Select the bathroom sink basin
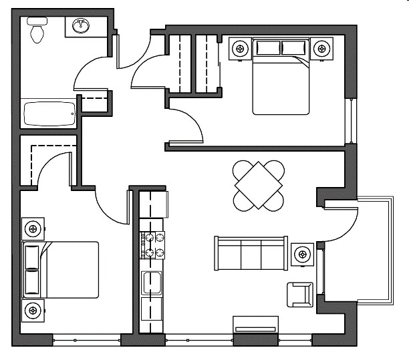(x=81, y=26)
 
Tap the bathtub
(x=49, y=114)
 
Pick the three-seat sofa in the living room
(x=250, y=253)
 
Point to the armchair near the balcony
(x=299, y=295)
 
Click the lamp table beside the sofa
(x=303, y=254)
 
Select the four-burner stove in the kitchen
(x=152, y=244)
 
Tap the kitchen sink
(x=152, y=283)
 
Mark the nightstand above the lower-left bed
(x=32, y=228)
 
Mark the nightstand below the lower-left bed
(x=32, y=311)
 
